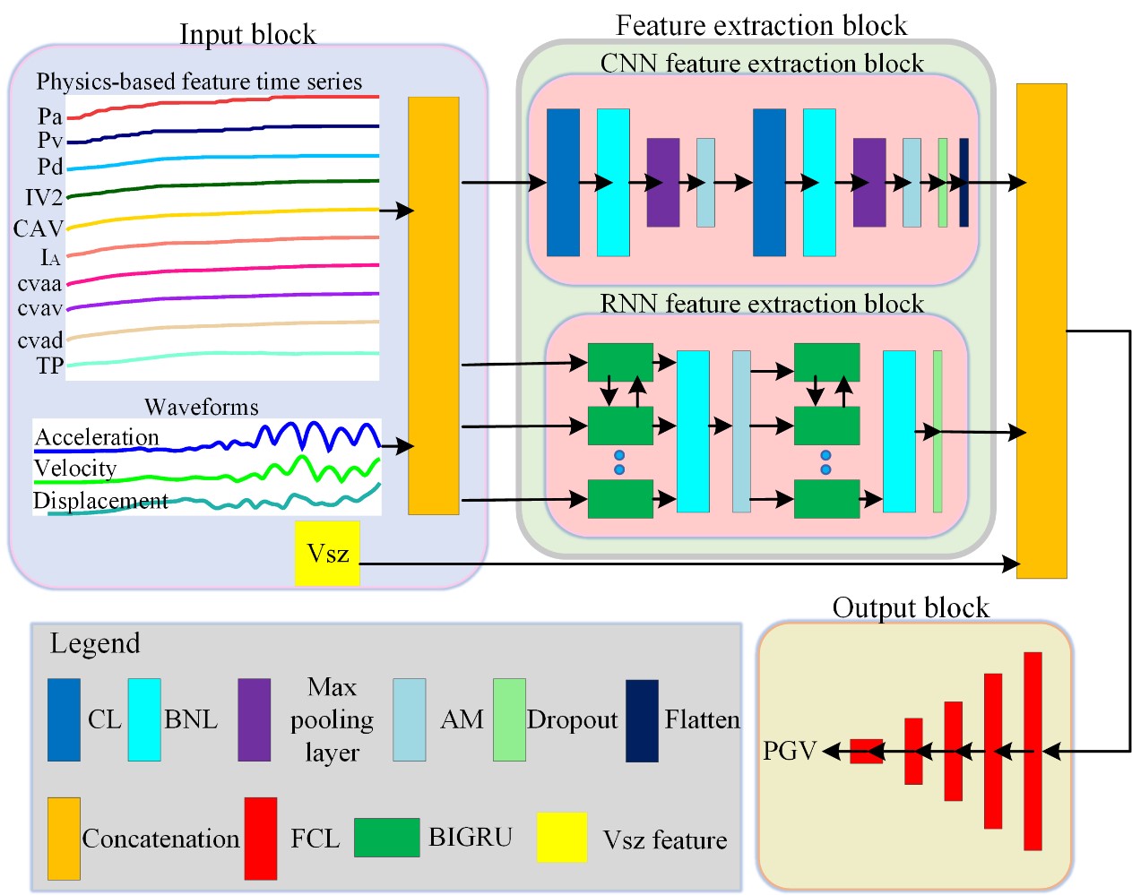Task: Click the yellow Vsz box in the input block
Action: coord(327,554)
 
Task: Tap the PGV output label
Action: coord(790,750)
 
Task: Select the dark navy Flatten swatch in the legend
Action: coord(642,720)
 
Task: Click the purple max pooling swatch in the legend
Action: coord(254,720)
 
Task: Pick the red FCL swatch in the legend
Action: coord(261,839)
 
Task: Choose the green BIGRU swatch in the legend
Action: coord(386,838)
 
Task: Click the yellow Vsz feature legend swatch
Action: coord(562,838)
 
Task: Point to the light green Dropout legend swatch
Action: coord(509,720)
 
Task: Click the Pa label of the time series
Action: coord(50,116)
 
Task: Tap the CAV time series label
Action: coord(38,229)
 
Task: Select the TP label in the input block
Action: coord(50,366)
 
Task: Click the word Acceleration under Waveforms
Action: coord(97,437)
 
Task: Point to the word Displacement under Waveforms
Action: coord(100,501)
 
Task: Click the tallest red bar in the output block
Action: coord(1033,751)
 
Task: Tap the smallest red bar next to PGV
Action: coord(866,751)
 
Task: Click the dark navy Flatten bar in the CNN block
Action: coord(963,182)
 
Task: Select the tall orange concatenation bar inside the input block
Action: coord(434,306)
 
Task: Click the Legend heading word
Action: coord(95,643)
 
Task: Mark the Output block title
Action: coord(911,607)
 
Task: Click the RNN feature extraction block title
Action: coord(762,304)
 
